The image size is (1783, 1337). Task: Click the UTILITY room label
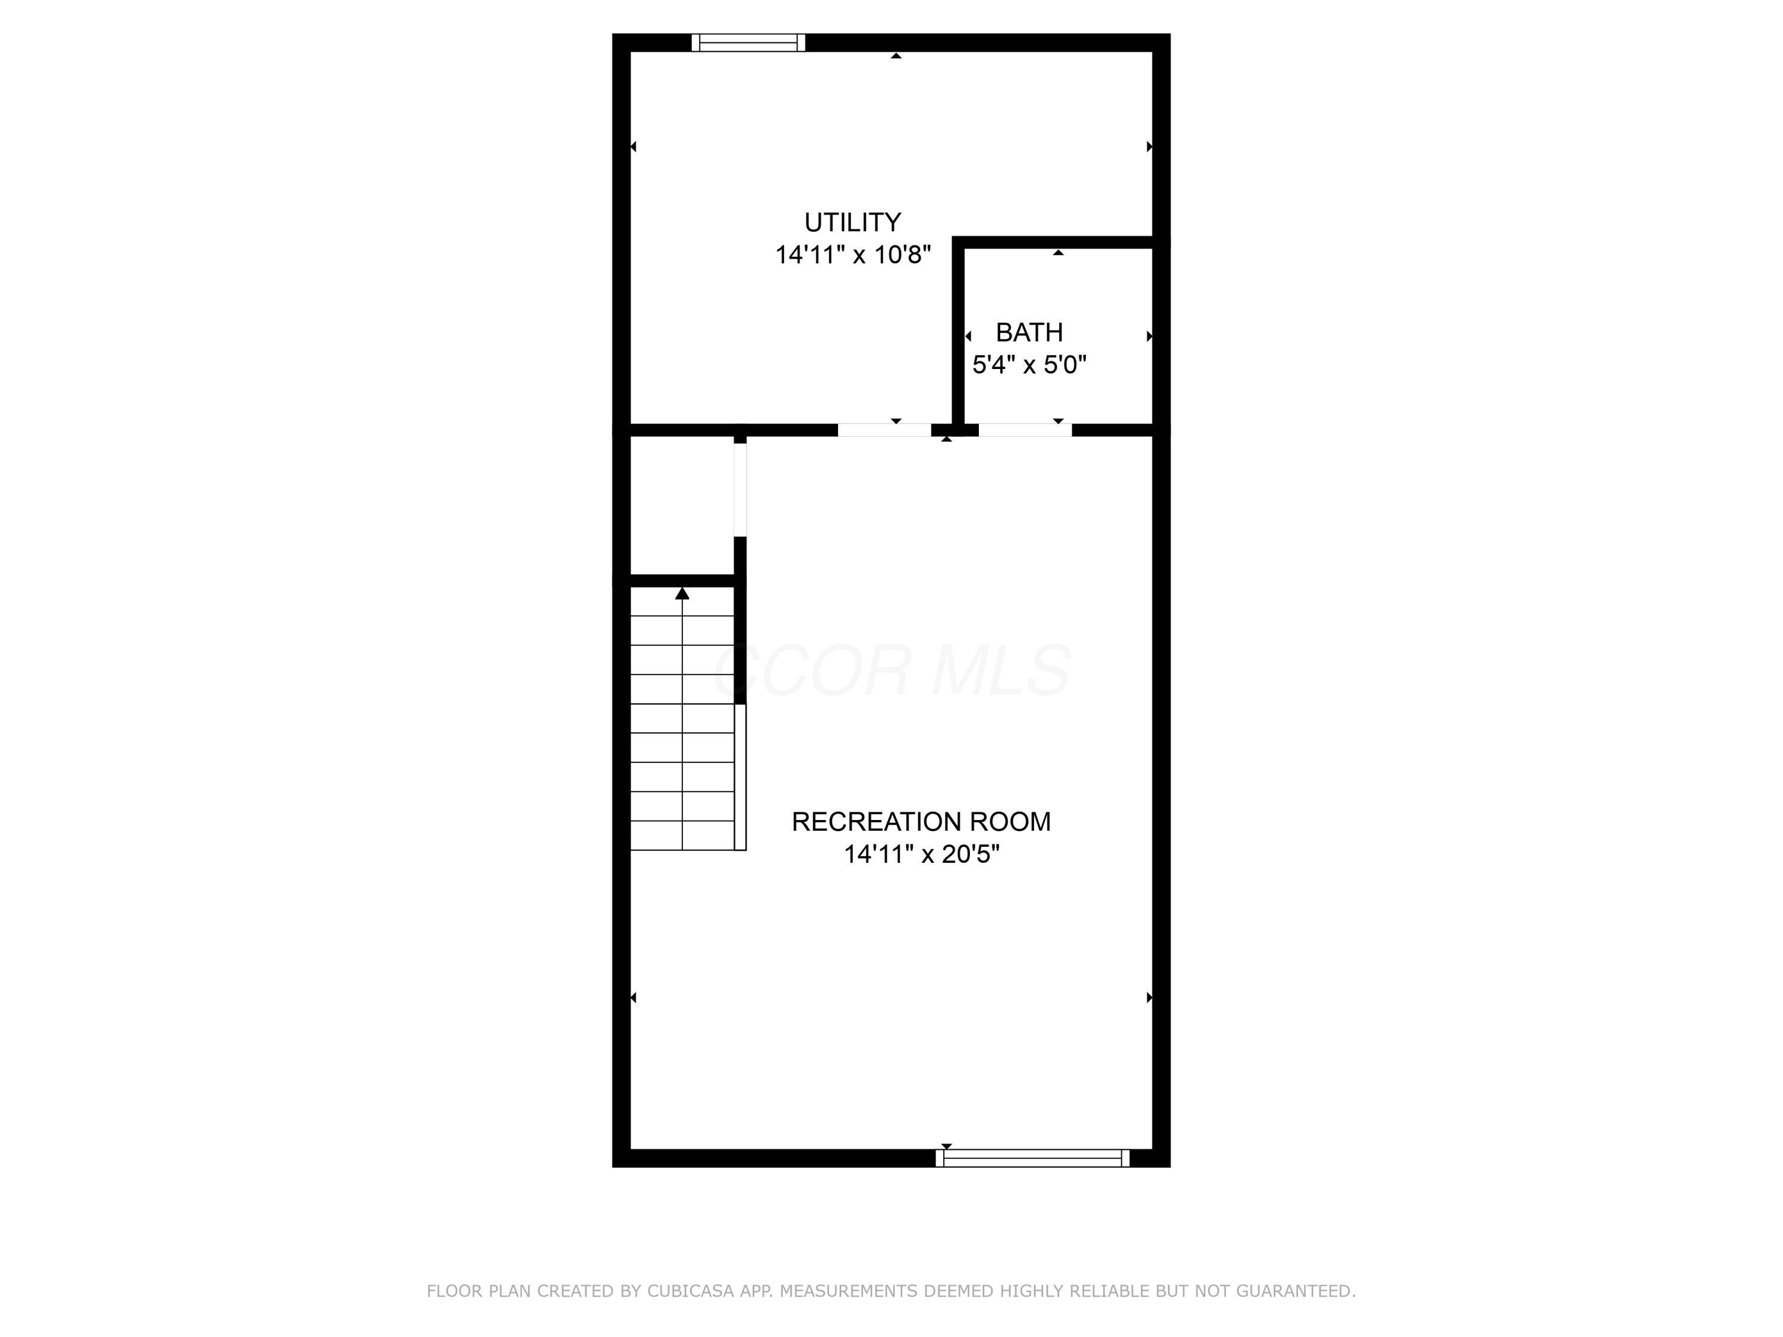pyautogui.click(x=852, y=222)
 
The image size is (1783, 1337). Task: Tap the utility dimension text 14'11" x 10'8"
pyautogui.click(x=853, y=255)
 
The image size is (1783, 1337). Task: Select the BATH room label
pyautogui.click(x=1029, y=332)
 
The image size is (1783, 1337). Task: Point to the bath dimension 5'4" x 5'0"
pyautogui.click(x=1029, y=365)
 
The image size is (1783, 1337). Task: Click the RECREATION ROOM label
pyautogui.click(x=921, y=821)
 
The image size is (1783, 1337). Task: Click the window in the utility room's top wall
pyautogui.click(x=748, y=43)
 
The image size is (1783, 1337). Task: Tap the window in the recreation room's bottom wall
pyautogui.click(x=1032, y=1158)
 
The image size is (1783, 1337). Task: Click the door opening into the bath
pyautogui.click(x=1025, y=430)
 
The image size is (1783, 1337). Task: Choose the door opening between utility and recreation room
pyautogui.click(x=884, y=430)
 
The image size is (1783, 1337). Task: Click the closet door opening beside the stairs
pyautogui.click(x=740, y=490)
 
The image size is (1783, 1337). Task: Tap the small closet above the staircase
pyautogui.click(x=682, y=505)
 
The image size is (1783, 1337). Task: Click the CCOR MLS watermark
pyautogui.click(x=892, y=670)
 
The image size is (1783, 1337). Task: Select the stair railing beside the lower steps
pyautogui.click(x=740, y=777)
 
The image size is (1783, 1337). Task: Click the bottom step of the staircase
pyautogui.click(x=682, y=835)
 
